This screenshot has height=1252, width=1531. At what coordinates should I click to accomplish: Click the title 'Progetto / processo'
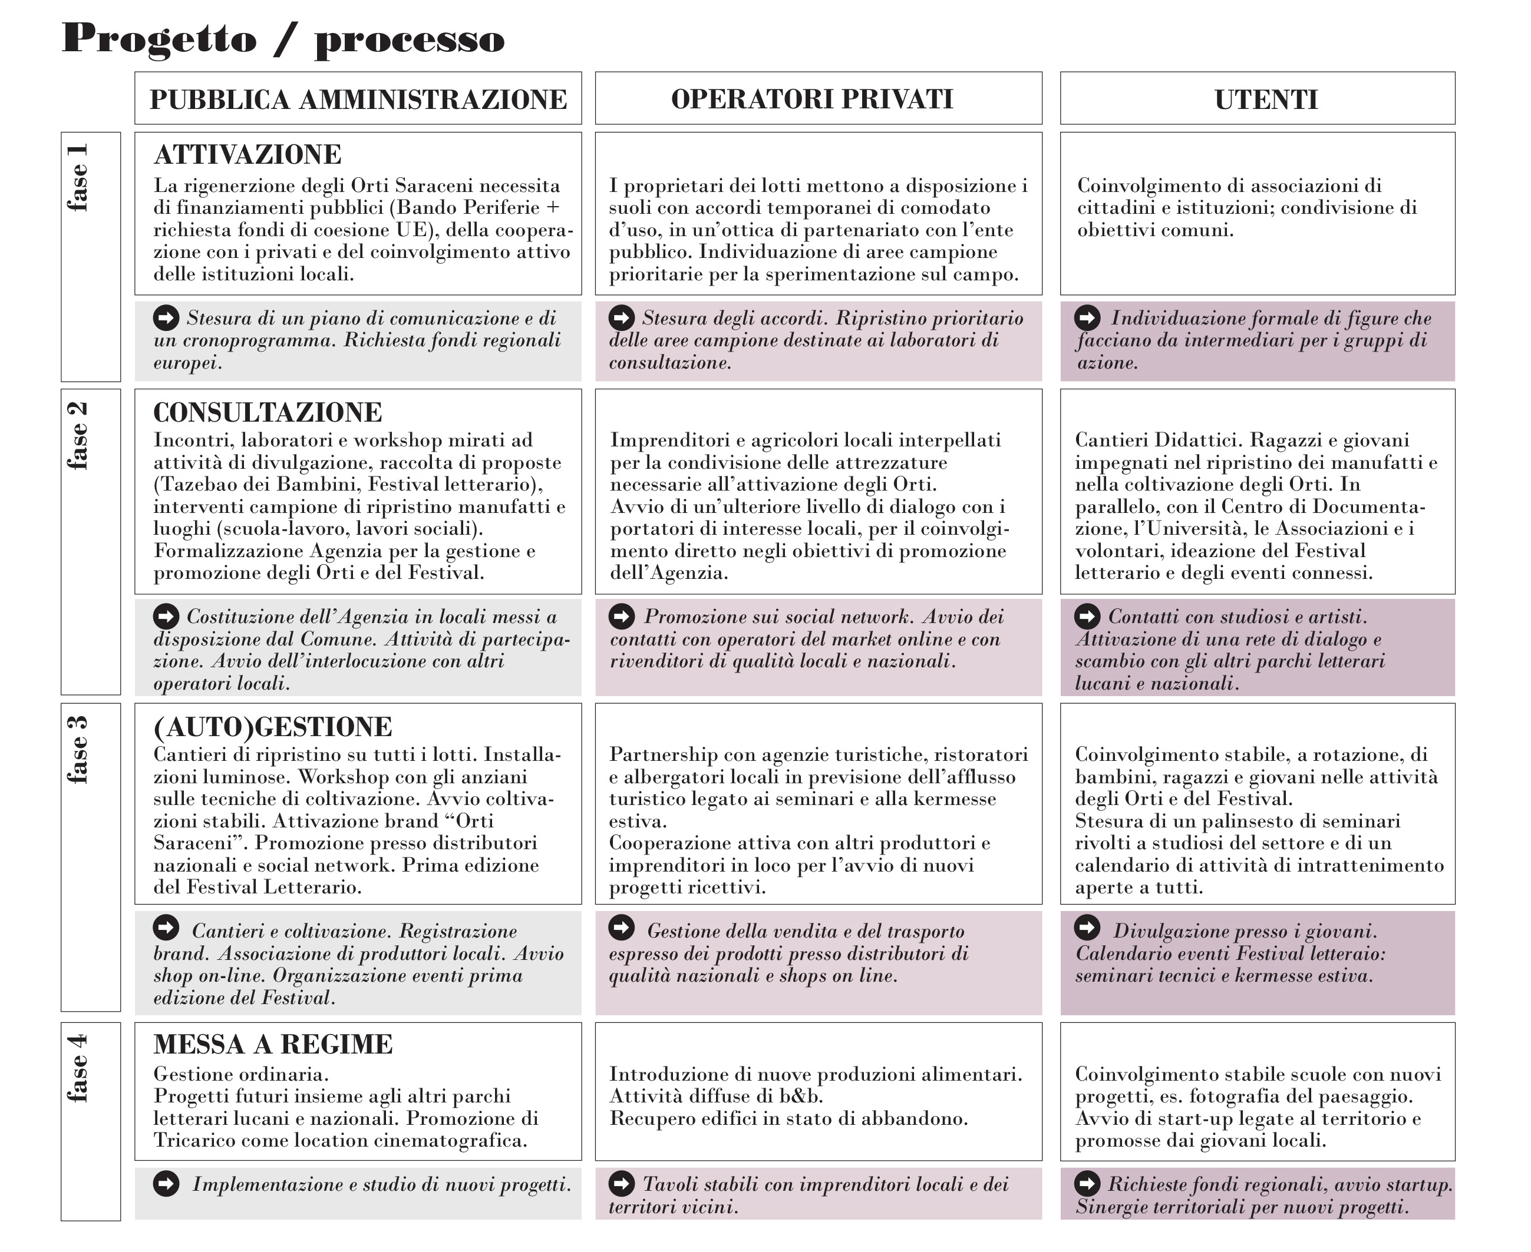click(283, 39)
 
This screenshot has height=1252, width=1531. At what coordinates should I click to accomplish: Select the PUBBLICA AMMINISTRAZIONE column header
click(358, 99)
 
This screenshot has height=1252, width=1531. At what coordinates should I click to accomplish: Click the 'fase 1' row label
click(78, 177)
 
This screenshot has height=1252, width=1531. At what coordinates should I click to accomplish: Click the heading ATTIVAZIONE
click(248, 155)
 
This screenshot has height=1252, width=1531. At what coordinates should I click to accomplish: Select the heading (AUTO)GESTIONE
click(273, 727)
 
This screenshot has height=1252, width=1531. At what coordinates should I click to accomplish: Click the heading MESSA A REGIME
click(273, 1044)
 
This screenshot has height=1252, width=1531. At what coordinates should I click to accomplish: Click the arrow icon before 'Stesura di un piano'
click(166, 317)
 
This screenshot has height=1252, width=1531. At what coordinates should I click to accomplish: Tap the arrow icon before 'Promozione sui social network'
click(621, 616)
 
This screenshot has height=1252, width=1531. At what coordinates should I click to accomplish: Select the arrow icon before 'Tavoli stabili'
click(621, 1184)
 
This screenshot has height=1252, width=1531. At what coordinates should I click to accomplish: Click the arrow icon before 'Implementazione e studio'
click(166, 1184)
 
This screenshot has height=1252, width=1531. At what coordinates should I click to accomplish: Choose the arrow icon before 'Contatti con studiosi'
click(1087, 616)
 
